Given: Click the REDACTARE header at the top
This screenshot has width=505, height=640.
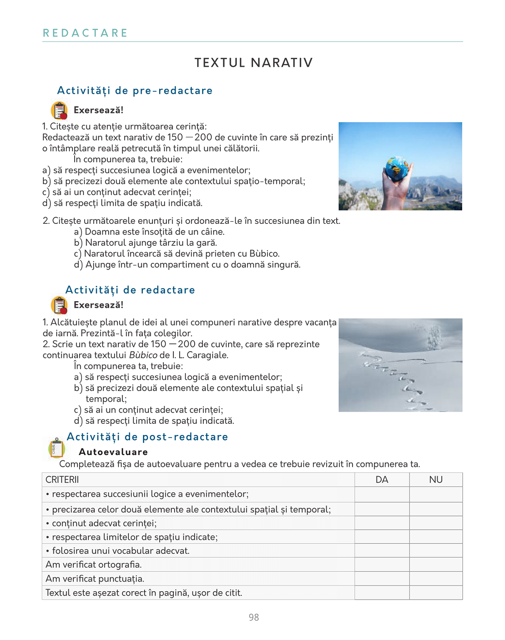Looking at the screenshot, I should pos(85,33).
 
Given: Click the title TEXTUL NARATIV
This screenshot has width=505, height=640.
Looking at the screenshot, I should pos(253,63).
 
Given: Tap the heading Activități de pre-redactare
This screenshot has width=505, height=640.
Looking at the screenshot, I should pos(135,90).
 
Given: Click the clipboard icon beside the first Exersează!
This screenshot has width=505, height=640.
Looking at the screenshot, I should pos(59,110).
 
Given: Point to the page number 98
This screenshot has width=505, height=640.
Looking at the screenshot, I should pos(254,617).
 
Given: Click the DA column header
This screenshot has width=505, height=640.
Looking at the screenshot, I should pos(382,480).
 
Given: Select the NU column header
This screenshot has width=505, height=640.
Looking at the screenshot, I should pos(436,480).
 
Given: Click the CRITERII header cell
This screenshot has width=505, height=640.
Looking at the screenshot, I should pos(62,480).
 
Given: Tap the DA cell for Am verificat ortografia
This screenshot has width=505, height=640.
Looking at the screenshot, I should pos(382,565).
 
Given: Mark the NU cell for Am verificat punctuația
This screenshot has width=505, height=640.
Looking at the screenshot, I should pos(436,579).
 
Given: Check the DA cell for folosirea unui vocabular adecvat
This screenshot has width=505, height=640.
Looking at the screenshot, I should pos(382,550).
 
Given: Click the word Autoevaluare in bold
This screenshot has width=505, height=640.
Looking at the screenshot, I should pos(113,452).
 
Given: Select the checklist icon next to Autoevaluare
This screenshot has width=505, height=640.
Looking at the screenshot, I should pos(57,448).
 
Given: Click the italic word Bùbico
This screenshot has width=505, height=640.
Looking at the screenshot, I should pos(143,355).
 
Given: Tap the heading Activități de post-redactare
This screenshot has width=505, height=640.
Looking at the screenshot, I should pos(147,437).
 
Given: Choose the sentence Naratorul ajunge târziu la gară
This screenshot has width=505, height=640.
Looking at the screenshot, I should pos(151,243).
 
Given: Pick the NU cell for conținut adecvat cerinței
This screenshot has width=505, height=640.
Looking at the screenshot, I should pos(436,523).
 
